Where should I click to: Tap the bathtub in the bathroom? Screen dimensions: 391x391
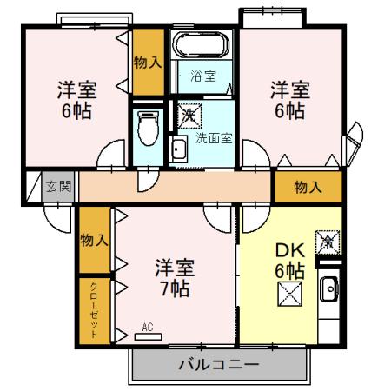click(x=199, y=44)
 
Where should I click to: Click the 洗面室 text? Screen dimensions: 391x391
click(x=213, y=136)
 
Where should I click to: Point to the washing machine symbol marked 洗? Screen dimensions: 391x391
click(x=189, y=114)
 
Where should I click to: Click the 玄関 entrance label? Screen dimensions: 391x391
click(x=58, y=185)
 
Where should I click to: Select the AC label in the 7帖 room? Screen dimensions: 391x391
click(x=147, y=327)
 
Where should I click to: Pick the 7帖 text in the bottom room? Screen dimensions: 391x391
click(x=175, y=289)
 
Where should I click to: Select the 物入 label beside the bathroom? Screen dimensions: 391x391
click(x=147, y=62)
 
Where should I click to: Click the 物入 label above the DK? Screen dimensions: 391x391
click(x=308, y=186)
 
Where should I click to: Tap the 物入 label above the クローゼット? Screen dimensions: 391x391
click(x=93, y=240)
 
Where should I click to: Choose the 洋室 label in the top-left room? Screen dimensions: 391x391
click(x=76, y=90)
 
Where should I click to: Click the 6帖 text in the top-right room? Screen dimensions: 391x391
click(x=289, y=111)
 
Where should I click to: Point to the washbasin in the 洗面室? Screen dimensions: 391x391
click(x=178, y=148)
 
